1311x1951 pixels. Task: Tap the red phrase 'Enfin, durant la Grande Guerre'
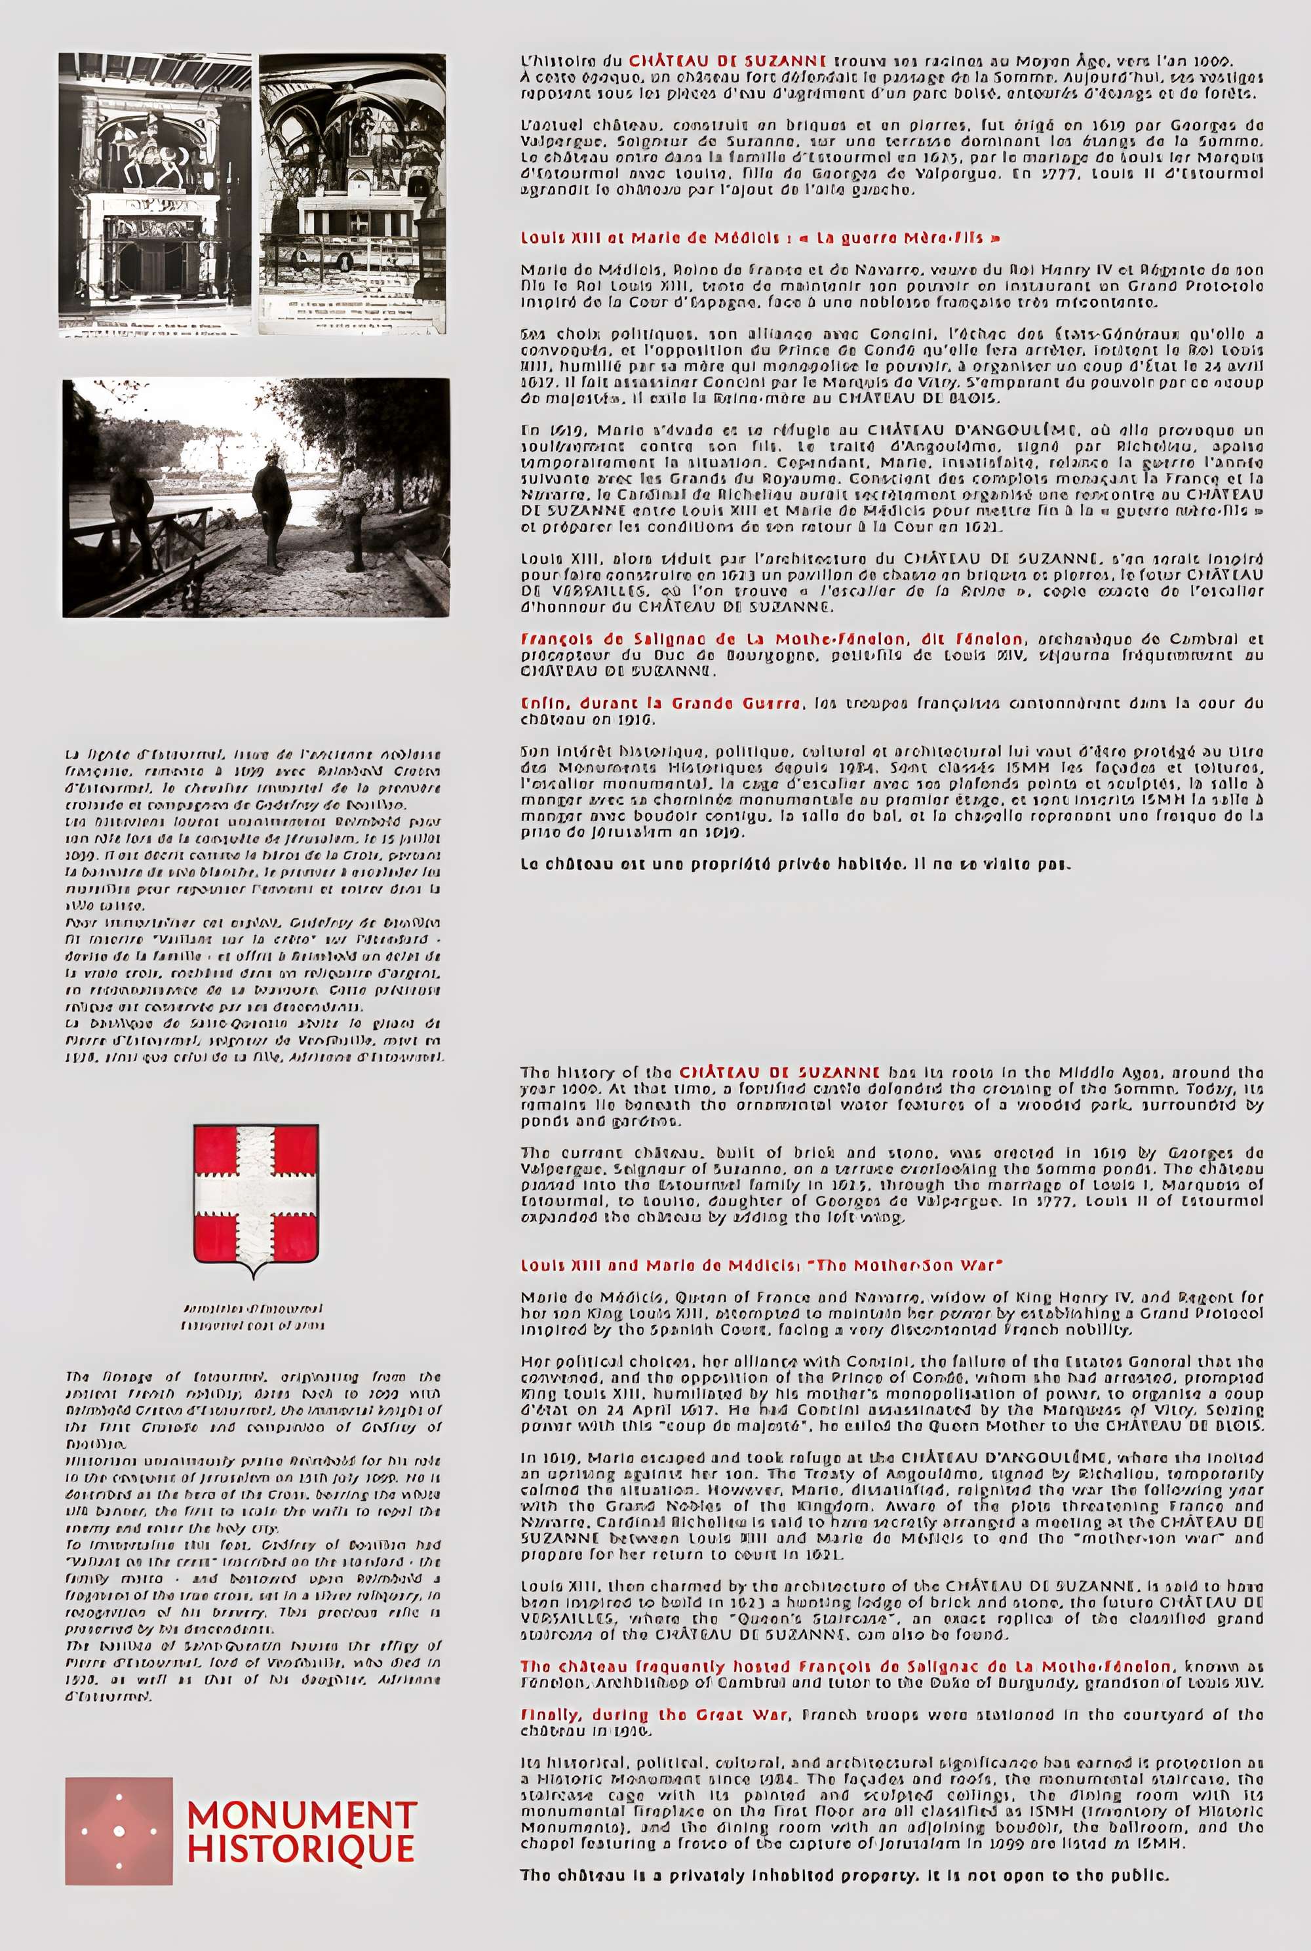point(661,703)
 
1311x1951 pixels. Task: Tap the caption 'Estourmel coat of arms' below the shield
point(252,1326)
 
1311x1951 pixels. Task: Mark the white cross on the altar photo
point(358,222)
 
